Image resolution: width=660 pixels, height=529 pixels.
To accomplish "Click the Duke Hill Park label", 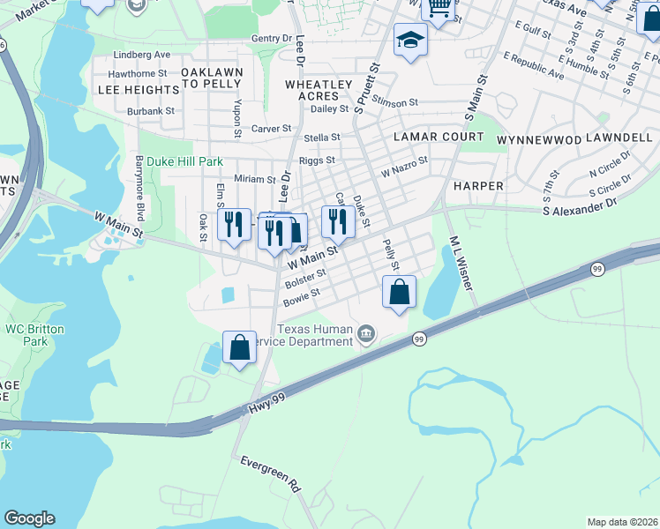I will click(184, 162).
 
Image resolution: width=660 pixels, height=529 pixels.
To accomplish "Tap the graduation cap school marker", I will click(410, 41).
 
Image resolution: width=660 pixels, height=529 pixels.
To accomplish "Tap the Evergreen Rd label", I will click(271, 473).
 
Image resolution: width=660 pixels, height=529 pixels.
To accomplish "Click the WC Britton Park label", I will click(26, 335).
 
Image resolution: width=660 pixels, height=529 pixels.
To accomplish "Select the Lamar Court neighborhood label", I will click(439, 137).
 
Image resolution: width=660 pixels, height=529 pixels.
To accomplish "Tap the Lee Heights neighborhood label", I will click(139, 90).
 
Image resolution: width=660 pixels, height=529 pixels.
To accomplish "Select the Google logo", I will click(29, 518).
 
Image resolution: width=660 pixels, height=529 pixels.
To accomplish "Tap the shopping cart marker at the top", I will click(439, 9).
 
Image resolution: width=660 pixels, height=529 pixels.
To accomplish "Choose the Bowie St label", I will click(302, 297).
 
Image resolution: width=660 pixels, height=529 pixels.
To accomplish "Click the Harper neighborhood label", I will click(477, 186).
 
